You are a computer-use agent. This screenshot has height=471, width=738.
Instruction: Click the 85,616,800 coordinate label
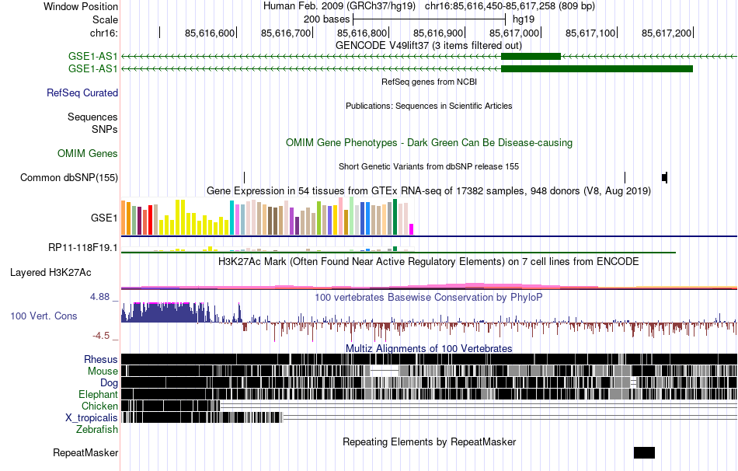pos(362,33)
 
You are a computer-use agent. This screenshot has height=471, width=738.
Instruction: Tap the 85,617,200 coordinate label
pos(667,33)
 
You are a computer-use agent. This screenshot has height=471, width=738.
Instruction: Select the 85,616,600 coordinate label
pos(210,33)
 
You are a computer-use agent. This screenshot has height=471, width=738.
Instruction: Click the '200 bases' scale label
pos(326,19)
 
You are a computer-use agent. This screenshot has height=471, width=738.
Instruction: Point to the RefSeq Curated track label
pos(82,92)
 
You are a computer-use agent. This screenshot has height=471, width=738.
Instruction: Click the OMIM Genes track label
pos(88,154)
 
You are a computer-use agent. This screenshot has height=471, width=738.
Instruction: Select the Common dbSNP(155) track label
pos(69,177)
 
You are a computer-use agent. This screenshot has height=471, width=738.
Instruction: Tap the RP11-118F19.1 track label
pos(83,248)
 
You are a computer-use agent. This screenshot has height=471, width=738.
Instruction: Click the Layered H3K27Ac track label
pos(50,273)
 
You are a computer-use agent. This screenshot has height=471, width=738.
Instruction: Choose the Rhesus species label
pos(101,359)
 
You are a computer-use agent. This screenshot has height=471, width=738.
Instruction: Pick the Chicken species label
pos(100,406)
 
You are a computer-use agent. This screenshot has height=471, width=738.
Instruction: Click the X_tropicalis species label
pos(92,417)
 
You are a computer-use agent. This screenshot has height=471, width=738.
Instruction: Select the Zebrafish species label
pos(97,429)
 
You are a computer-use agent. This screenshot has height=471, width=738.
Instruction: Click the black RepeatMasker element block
pos(644,452)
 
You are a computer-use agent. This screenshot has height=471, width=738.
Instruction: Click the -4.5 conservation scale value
pos(103,336)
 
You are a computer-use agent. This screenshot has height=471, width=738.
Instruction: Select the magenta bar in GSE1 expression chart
pos(412,229)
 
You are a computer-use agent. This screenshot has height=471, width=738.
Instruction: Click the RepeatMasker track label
pos(85,452)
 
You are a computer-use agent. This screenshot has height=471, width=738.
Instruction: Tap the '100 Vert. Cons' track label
pos(44,316)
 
